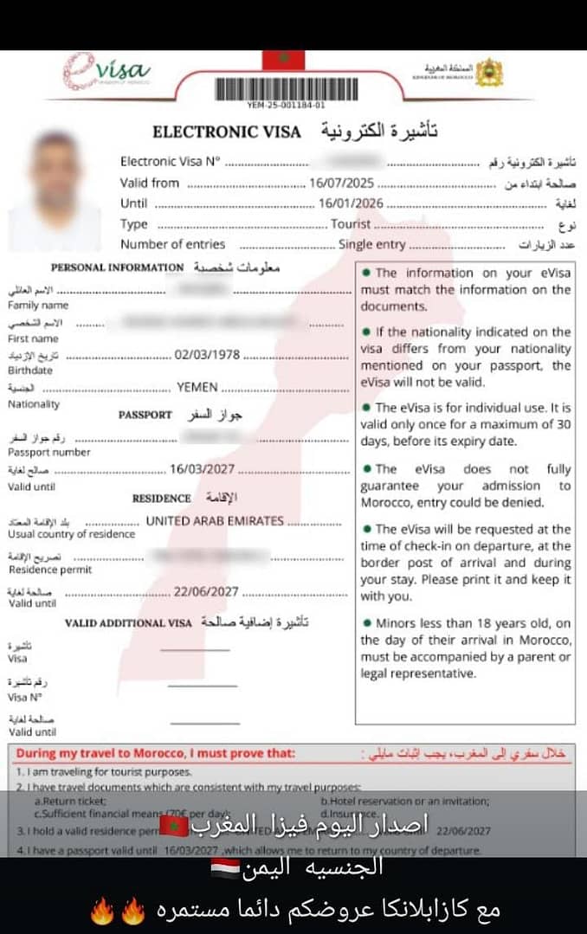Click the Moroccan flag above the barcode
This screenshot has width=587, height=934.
283,60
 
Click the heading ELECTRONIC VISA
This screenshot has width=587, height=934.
227,132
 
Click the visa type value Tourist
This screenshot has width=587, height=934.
351,224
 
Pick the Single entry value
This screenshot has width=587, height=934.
371,245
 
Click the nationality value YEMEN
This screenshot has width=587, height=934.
197,387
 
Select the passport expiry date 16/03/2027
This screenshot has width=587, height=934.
202,469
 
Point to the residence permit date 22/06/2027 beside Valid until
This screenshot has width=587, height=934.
207,592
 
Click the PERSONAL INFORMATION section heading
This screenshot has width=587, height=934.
117,267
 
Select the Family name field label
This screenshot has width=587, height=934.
38,306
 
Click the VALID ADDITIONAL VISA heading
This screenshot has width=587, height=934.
127,623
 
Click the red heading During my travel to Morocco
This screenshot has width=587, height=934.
156,754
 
